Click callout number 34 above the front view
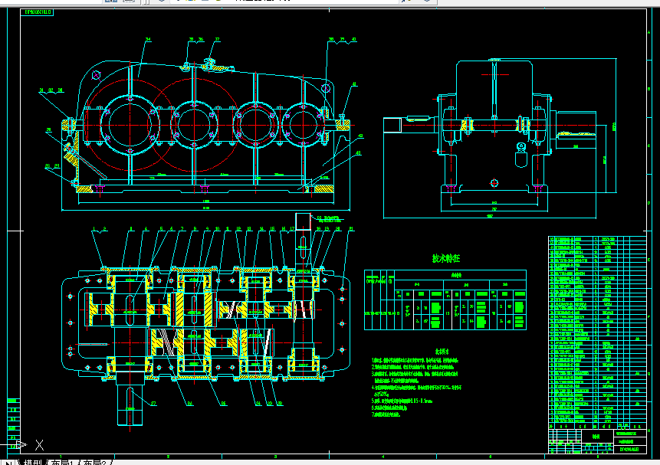pyautogui.click(x=147, y=39)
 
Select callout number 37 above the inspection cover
pyautogui.click(x=217, y=39)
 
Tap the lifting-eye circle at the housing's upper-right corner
pyautogui.click(x=327, y=88)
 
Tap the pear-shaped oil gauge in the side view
pyautogui.click(x=521, y=148)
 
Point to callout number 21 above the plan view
pyautogui.click(x=351, y=228)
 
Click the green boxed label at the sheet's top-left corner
pyautogui.click(x=38, y=12)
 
